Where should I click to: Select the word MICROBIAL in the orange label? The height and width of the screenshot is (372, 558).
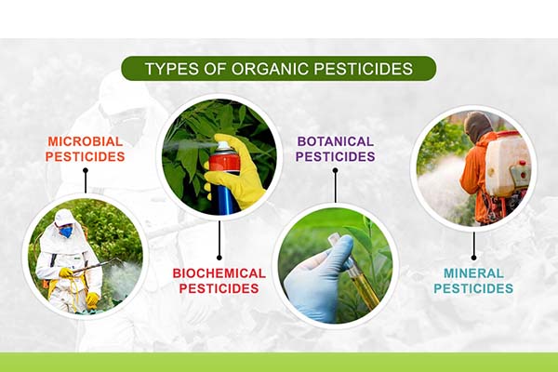click(x=85, y=141)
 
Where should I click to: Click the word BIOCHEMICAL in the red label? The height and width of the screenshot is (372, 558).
click(x=219, y=273)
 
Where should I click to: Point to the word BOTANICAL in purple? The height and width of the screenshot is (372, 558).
click(x=335, y=141)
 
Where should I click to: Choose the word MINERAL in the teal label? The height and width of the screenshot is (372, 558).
click(x=473, y=273)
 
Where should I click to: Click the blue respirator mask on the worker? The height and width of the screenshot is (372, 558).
click(x=66, y=232)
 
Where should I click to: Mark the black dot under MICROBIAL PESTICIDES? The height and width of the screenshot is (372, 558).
click(x=86, y=170)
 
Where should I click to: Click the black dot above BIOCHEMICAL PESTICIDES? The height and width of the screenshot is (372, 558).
click(x=219, y=258)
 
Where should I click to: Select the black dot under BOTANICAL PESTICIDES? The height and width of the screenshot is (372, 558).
click(x=335, y=170)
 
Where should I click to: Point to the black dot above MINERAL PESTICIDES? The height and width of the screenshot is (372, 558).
click(x=473, y=258)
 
